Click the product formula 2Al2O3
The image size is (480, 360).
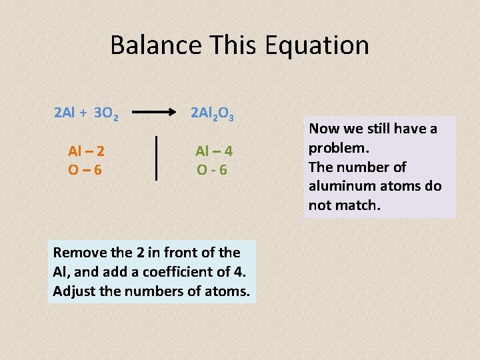point(212,113)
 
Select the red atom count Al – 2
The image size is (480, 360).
point(86,151)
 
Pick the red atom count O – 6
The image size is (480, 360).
point(85,170)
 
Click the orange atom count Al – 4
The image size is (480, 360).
point(213,151)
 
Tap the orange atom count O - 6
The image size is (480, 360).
point(212,170)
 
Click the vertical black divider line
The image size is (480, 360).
point(157,158)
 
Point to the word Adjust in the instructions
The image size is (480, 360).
point(72,291)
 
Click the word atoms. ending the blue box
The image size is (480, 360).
point(229,291)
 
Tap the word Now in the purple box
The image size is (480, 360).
point(323,128)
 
